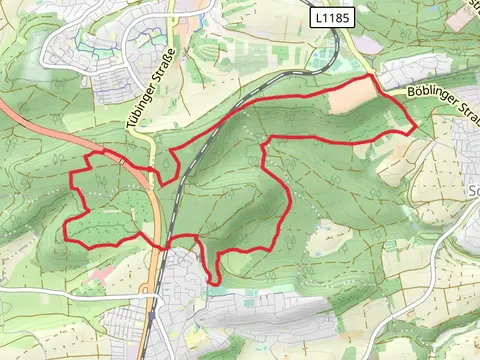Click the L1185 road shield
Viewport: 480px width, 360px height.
pyautogui.click(x=331, y=17)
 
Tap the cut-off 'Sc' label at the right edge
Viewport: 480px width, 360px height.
pyautogui.click(x=473, y=190)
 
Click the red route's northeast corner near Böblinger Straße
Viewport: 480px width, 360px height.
pyautogui.click(x=373, y=75)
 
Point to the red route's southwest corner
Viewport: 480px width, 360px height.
pyautogui.click(x=66, y=238)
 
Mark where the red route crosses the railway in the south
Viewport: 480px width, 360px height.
pyautogui.click(x=167, y=245)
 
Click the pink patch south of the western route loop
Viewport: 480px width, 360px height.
pyautogui.click(x=100, y=273)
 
